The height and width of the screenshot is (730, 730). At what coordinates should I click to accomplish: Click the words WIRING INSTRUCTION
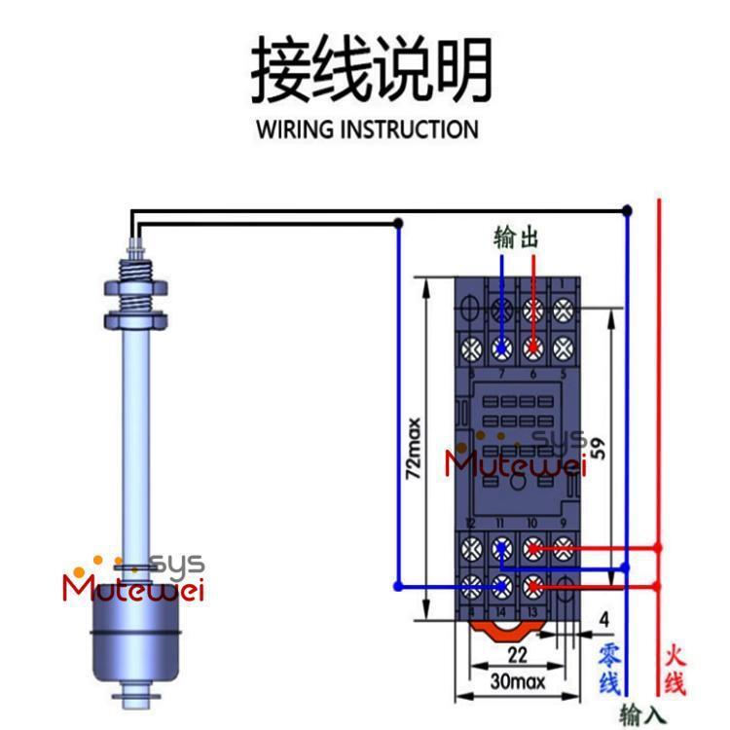(x=367, y=129)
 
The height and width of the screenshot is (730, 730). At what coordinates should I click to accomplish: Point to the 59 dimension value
(x=598, y=449)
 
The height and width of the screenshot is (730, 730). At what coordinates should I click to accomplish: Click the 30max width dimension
(x=517, y=681)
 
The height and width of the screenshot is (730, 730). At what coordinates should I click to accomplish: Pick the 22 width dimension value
(x=517, y=655)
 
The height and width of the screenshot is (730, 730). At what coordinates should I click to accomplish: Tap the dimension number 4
(x=603, y=619)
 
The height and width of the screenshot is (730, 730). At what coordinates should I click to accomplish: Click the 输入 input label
(x=642, y=714)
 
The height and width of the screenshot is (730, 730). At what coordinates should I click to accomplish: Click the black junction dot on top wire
(x=627, y=209)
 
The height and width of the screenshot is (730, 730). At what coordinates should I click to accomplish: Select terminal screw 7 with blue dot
(x=502, y=346)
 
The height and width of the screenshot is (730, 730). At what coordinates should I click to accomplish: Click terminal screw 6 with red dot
(x=532, y=346)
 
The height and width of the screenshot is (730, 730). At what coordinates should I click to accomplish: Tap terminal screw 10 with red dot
(x=532, y=549)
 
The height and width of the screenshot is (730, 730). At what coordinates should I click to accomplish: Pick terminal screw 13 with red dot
(x=532, y=586)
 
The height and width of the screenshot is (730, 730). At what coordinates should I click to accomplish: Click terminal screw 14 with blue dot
(x=502, y=586)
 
